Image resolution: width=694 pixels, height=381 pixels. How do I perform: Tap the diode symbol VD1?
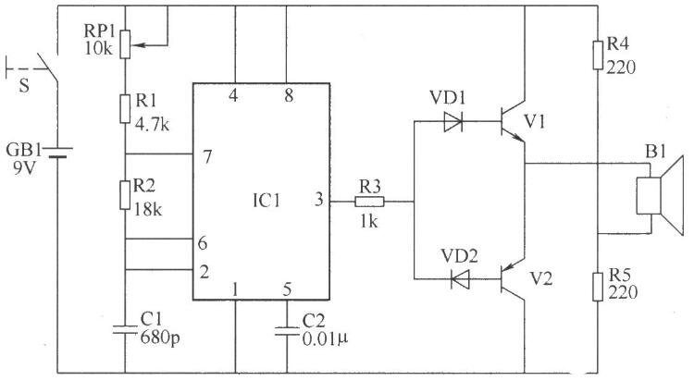pos(452,121)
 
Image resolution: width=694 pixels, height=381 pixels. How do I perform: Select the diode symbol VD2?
pos(459,278)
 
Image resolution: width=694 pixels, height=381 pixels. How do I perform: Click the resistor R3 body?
pos(369,202)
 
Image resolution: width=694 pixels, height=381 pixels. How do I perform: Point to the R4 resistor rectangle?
pos(598,55)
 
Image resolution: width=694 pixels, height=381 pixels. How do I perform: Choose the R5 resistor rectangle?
pos(598,287)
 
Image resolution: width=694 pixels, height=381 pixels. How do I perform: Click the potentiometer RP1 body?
pos(126,44)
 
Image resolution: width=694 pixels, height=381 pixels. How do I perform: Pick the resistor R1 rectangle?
pos(125,108)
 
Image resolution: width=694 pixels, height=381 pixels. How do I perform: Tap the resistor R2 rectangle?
pos(125,195)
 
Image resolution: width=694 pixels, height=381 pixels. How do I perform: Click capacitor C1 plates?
pos(125,329)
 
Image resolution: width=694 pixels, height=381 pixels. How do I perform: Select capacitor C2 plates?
pos(287,331)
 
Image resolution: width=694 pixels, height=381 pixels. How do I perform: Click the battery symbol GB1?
pos(57,153)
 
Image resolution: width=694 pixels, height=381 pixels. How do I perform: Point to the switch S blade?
pos(47,68)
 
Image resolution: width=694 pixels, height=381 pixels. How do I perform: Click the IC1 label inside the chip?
pos(266,202)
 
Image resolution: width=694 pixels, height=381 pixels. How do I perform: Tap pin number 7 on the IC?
pos(207,156)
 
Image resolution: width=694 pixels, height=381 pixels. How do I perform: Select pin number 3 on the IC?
pos(319,200)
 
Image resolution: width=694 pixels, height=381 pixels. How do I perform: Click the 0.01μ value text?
pos(326,339)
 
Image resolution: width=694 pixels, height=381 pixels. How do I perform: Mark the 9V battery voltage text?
pos(23,168)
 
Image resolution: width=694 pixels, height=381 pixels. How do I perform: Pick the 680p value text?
pos(160,338)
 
